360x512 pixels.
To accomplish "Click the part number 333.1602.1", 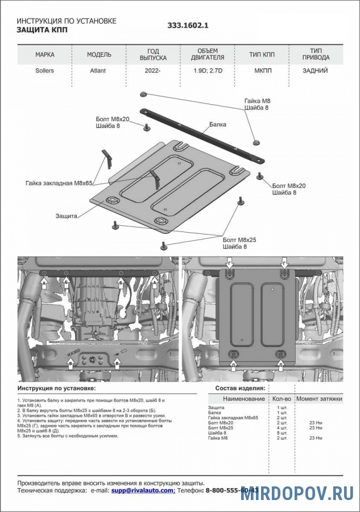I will click(188, 26).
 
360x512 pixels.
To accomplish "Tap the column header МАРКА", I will click(45, 55).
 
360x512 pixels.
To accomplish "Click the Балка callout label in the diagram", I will click(217, 123).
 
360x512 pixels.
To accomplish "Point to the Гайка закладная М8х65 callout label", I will click(59, 183).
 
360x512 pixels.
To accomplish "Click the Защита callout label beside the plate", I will click(67, 216).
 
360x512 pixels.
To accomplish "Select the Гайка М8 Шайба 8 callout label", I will click(256, 104).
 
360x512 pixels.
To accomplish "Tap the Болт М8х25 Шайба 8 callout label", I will click(239, 243).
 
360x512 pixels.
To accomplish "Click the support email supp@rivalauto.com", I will click(142, 490).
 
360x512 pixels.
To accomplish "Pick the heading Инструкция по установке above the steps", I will click(57, 388).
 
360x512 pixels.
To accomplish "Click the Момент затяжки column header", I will click(319, 399).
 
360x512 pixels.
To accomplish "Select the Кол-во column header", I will click(282, 399).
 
